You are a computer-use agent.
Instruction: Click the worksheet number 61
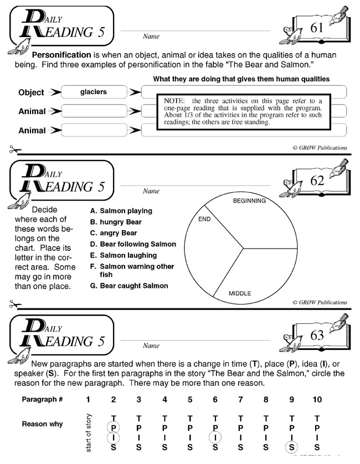(317, 29)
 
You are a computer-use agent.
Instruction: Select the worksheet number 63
(317, 336)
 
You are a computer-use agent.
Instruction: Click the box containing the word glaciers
(93, 92)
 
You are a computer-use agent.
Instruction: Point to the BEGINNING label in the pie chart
(249, 200)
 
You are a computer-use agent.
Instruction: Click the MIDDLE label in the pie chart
(240, 293)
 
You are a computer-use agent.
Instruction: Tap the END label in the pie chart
(204, 219)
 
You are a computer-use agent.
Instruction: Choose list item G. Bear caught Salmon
(128, 286)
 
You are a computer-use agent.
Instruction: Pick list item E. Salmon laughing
(123, 255)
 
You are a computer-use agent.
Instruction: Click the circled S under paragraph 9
(291, 446)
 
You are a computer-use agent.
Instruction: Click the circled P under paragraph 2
(114, 428)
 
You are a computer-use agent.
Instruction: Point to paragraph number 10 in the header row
(316, 399)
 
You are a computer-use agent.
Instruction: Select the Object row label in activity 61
(31, 93)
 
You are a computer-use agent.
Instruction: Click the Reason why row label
(42, 424)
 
